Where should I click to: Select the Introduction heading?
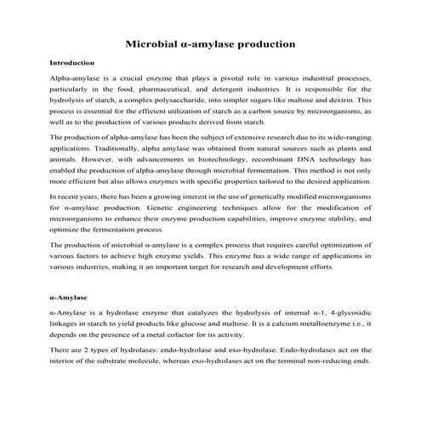(x=71, y=63)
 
